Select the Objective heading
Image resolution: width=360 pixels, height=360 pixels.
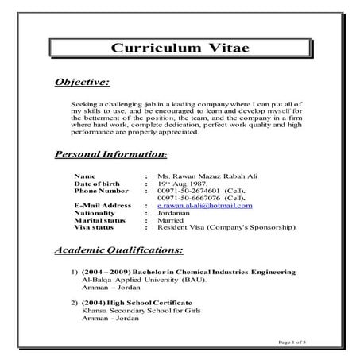(82, 82)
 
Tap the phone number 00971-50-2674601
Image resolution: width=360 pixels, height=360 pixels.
(192, 191)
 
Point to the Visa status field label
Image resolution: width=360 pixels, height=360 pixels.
(93, 227)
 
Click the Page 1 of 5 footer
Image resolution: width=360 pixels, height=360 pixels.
(293, 342)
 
